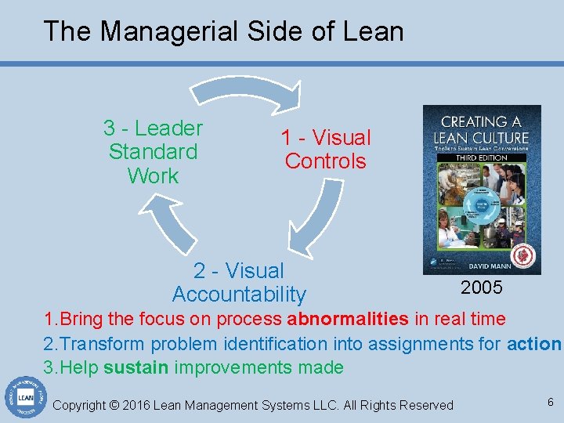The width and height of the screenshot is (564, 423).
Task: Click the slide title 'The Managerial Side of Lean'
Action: point(223,31)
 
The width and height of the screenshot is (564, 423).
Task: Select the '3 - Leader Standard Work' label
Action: point(153,152)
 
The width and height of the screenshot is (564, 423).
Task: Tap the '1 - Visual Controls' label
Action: point(326,149)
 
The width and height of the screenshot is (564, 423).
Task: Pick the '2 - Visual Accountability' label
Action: point(239,283)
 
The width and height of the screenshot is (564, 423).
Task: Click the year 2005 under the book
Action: point(481,287)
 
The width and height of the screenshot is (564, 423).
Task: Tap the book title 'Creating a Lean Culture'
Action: point(482,130)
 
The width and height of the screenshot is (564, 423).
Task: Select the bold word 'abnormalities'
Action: point(347,319)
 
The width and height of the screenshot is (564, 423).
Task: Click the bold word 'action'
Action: point(534,343)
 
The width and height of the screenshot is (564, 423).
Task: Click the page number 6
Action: point(550,402)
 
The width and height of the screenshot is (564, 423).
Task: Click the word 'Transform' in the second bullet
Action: point(103,343)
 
